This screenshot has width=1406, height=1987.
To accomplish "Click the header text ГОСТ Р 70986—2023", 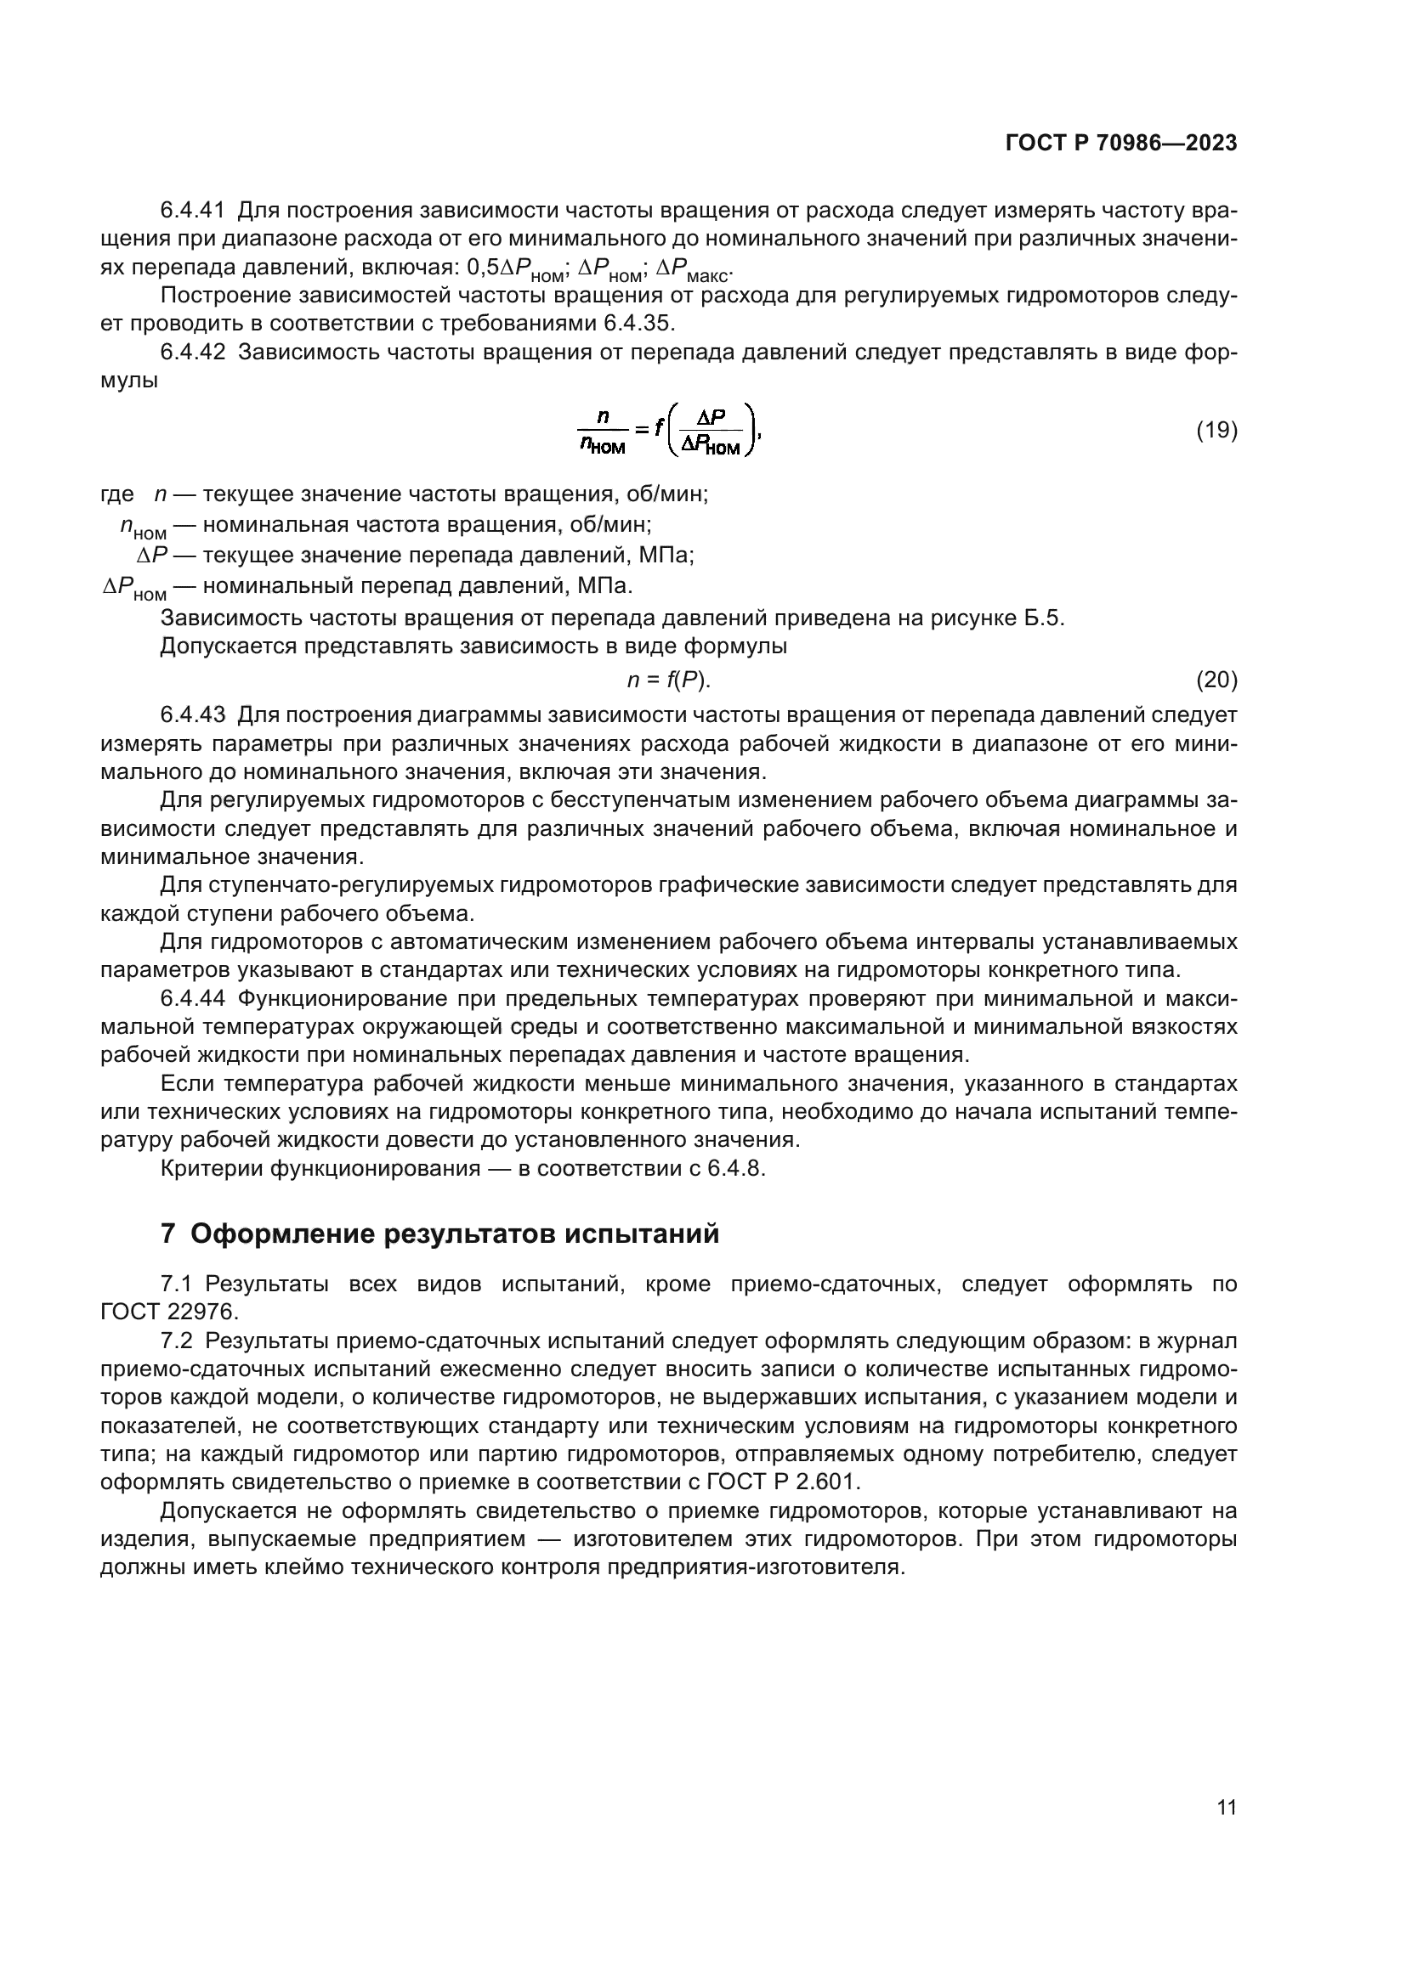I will pyautogui.click(x=1121, y=144).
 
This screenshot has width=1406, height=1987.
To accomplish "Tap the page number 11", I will pyautogui.click(x=1226, y=1808).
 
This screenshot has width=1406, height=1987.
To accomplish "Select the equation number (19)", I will pyautogui.click(x=1216, y=430).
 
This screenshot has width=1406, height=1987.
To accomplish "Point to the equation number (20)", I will pyautogui.click(x=1216, y=680).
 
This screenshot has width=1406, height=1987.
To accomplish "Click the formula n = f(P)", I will pyautogui.click(x=668, y=680).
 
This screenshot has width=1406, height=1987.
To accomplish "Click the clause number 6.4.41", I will pyautogui.click(x=192, y=211).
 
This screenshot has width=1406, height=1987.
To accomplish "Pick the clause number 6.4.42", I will pyautogui.click(x=192, y=353).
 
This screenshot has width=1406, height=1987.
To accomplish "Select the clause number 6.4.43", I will pyautogui.click(x=192, y=714).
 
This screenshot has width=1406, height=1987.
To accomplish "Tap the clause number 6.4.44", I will pyautogui.click(x=192, y=999).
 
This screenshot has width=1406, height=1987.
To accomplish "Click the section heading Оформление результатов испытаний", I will pyautogui.click(x=455, y=1233).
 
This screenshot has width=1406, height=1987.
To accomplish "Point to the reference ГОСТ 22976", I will pyautogui.click(x=169, y=1312).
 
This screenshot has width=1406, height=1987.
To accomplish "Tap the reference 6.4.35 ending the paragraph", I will pyautogui.click(x=640, y=324).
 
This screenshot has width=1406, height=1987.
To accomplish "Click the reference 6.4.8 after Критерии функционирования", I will pyautogui.click(x=735, y=1168).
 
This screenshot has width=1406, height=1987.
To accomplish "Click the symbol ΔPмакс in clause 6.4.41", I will pyautogui.click(x=694, y=270).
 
